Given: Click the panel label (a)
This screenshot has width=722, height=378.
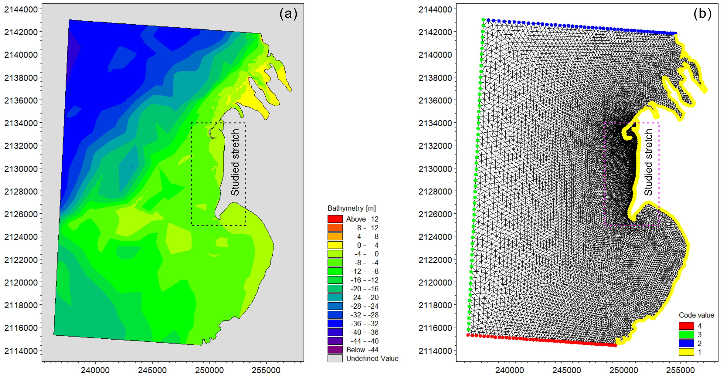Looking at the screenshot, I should [288, 14].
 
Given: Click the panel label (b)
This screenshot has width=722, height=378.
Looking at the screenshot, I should [702, 14].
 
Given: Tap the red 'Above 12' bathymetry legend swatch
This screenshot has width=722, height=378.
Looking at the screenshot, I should [335, 219].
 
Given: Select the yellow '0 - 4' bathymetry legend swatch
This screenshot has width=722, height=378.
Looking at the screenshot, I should [335, 245].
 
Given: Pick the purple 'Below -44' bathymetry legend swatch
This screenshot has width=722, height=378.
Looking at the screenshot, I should [335, 350].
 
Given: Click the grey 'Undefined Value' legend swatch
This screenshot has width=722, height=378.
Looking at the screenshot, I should [335, 358].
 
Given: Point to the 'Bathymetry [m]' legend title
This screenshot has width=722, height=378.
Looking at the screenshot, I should [351, 208].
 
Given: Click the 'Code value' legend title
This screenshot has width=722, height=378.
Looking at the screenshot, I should [696, 315].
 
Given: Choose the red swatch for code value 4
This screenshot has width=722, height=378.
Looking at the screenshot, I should [686, 326].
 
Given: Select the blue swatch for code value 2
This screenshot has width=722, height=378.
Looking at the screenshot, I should [686, 343].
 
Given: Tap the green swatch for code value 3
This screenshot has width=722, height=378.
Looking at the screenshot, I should [686, 335].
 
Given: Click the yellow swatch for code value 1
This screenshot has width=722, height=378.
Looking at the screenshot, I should [686, 352].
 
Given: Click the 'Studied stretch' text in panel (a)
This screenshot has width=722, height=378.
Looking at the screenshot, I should [235, 162].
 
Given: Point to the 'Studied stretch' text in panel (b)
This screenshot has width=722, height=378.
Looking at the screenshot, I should [648, 162].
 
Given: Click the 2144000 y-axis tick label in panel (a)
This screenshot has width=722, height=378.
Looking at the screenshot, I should [21, 10].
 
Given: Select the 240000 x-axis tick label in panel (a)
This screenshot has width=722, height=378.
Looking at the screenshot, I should [95, 370].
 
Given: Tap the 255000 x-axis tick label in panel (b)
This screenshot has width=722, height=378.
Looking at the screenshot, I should [680, 370].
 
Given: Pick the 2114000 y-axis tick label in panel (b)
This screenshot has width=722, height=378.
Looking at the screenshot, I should [435, 351].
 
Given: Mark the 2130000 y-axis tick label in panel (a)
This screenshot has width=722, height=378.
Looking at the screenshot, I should [21, 169].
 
